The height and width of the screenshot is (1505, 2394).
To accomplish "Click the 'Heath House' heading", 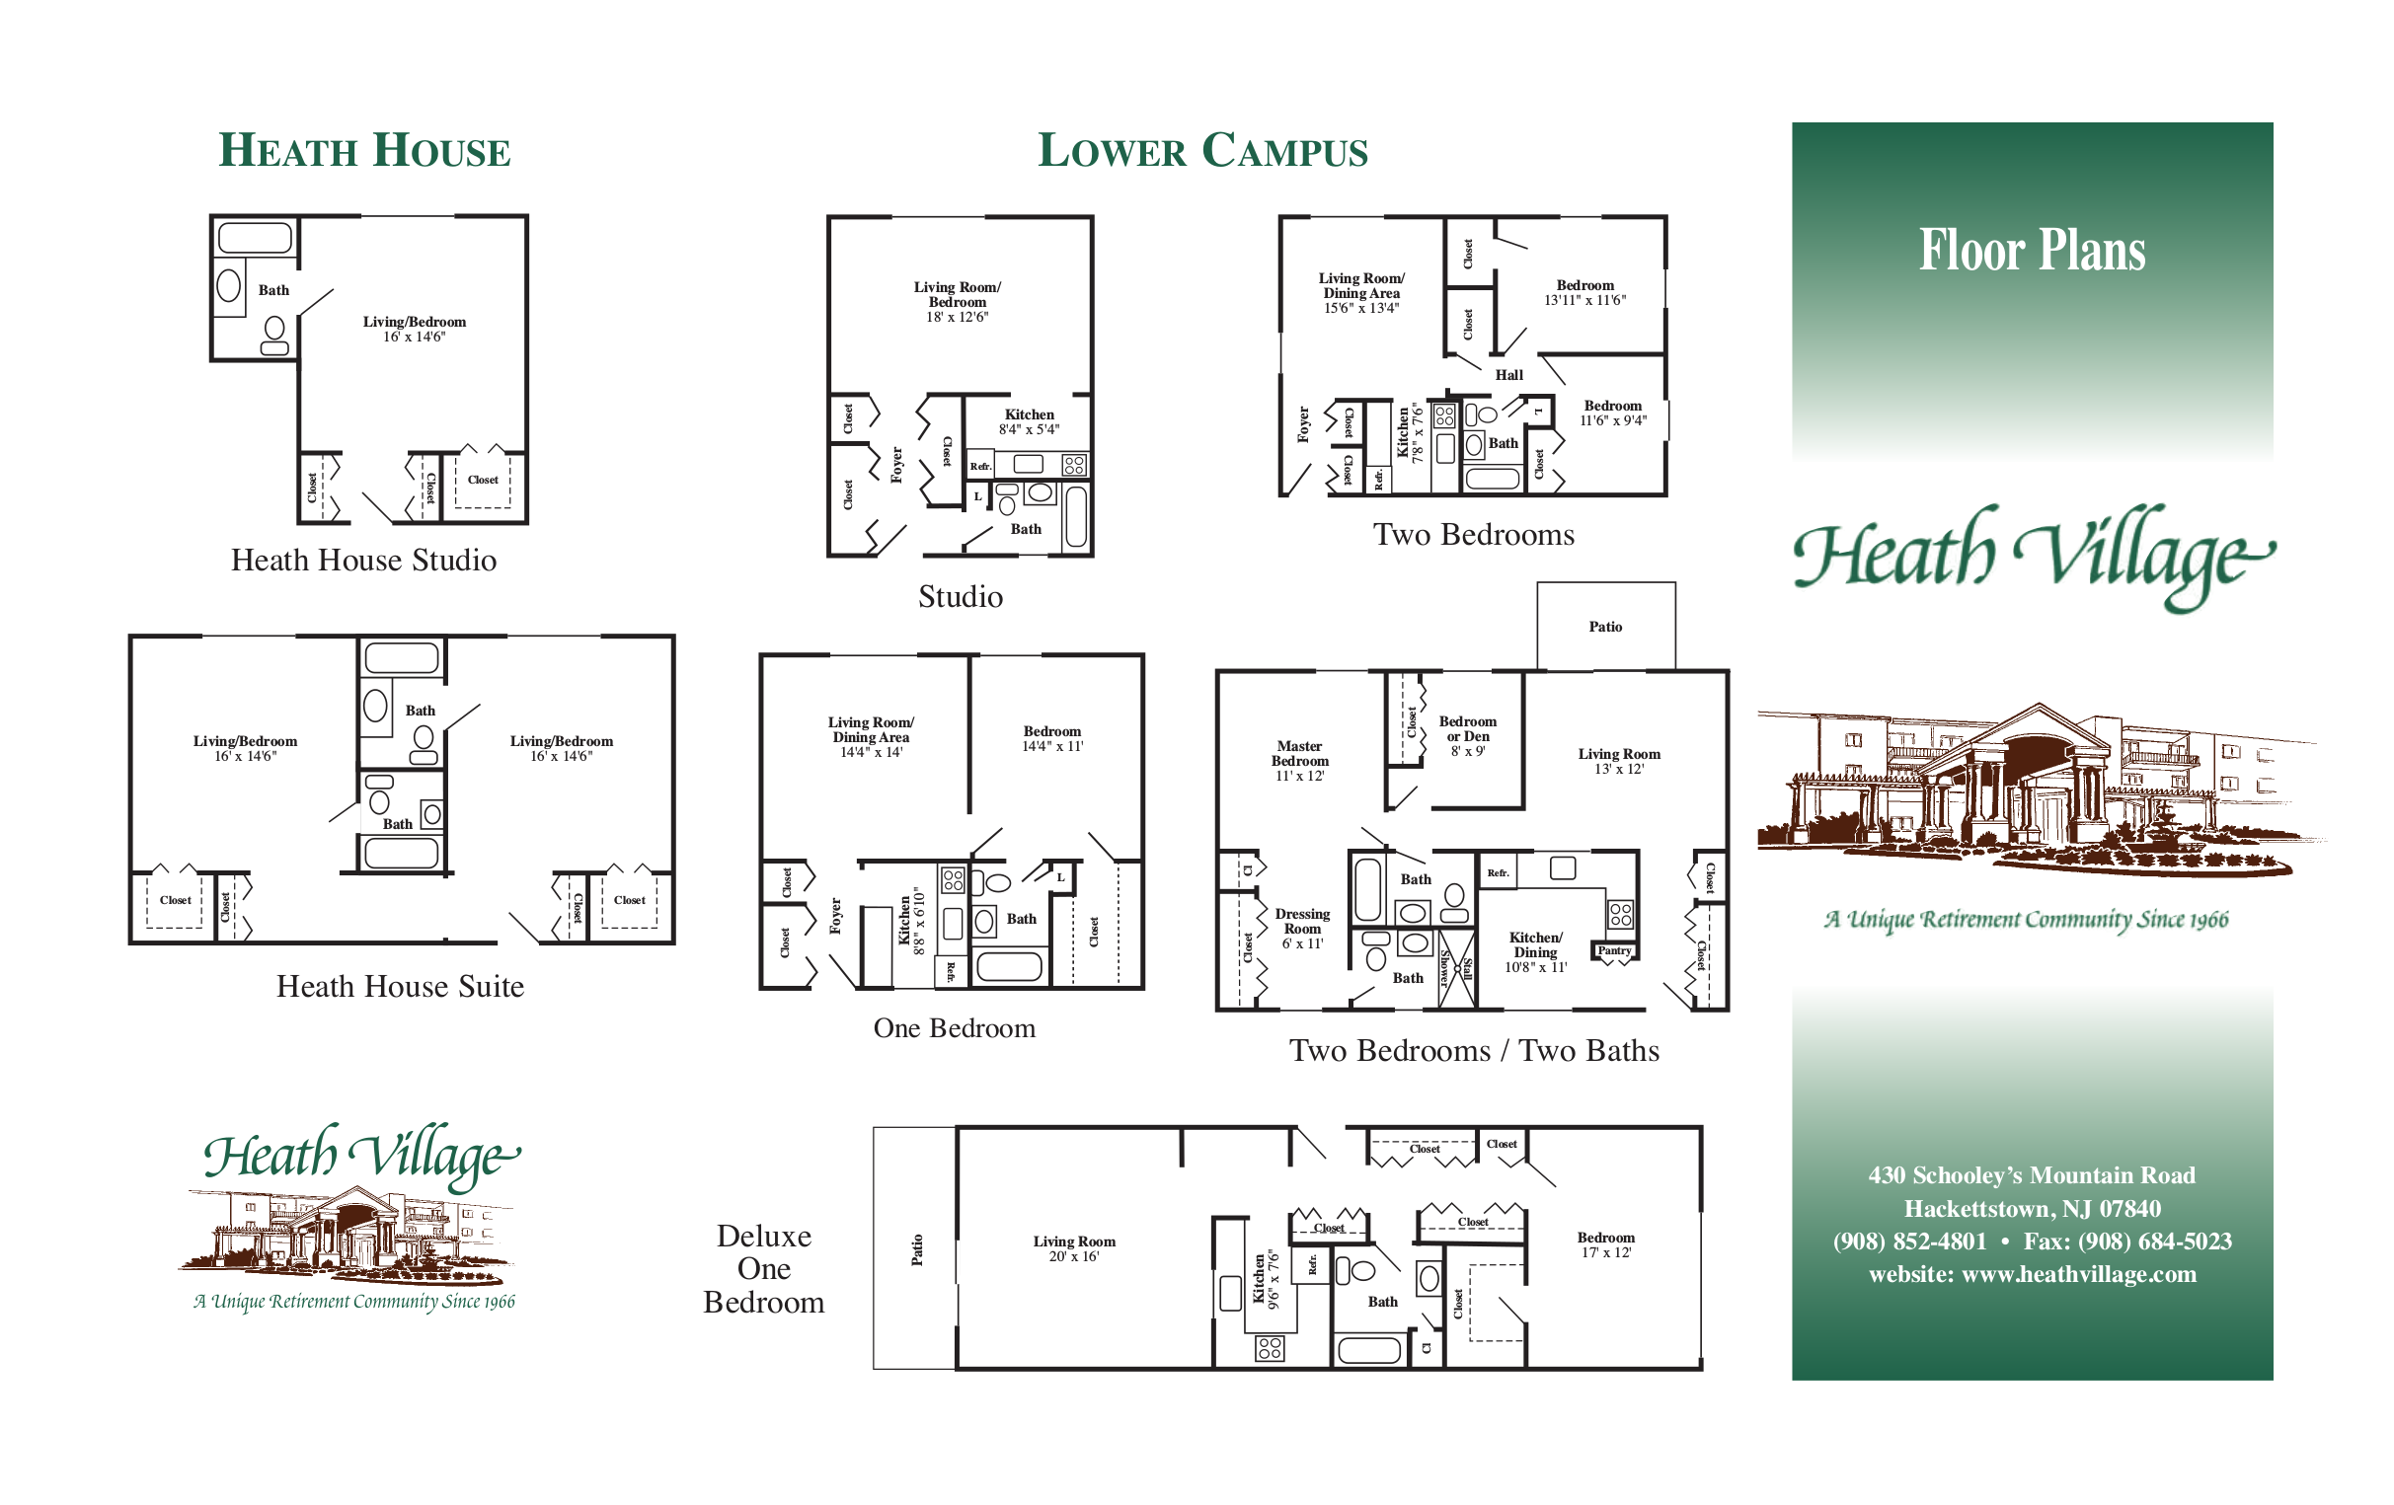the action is pos(364,150).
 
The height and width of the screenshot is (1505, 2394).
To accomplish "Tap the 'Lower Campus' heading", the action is pos(1203,150).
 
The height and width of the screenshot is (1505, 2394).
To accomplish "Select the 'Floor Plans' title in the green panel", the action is pos(2032,250).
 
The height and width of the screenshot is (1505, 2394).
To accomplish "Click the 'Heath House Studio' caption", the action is pos(364,561).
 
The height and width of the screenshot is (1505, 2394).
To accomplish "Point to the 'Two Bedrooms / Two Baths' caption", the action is pos(1474,1051).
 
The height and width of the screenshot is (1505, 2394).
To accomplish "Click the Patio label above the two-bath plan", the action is pos(1605,627).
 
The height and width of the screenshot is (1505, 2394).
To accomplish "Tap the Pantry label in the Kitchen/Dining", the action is pos(1614,950).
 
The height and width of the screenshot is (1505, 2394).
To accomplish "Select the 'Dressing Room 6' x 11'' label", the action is pos(1302,929).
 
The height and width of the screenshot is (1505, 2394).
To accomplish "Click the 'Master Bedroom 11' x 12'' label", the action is pos(1299,761).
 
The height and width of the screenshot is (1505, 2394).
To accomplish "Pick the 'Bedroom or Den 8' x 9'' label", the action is pos(1467,735).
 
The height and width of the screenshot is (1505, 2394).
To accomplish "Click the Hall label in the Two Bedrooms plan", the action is pos(1509,375).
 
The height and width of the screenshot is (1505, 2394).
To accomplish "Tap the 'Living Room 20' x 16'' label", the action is pos(1074,1248).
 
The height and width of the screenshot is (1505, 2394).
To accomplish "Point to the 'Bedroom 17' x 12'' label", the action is pos(1605,1244).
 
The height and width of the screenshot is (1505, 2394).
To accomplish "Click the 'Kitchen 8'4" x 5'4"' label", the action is pos(1029,421).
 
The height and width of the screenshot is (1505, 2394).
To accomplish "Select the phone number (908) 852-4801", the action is pos(1910,1242).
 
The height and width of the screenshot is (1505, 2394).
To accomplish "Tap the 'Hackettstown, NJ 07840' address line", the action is pos(2032,1209).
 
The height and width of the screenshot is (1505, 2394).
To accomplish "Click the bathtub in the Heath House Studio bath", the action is pos(256,238).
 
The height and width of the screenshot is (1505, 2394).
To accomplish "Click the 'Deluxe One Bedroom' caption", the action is pos(763,1268).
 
